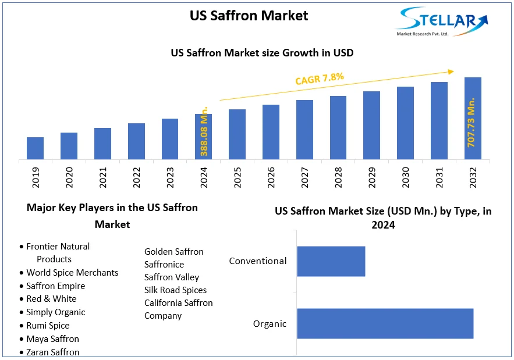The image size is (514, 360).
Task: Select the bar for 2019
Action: [35, 148]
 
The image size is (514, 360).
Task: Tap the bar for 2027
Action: [304, 130]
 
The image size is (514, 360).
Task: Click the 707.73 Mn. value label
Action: [472, 122]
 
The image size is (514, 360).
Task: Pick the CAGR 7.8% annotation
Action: [320, 79]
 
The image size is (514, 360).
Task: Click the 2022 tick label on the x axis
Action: [136, 175]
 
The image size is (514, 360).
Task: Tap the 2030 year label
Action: [406, 175]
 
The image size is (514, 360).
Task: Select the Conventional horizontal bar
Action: [331, 261]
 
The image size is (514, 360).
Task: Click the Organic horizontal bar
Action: [385, 323]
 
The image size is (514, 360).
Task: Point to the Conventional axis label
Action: [258, 261]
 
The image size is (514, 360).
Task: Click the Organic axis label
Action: [270, 324]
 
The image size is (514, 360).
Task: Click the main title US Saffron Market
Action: [249, 15]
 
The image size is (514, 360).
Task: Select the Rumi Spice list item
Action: [48, 326]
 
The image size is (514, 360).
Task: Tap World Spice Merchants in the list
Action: [72, 273]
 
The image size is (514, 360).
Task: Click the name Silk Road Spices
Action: [175, 290]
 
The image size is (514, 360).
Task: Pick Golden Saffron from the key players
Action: [174, 252]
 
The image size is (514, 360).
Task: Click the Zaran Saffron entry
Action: [53, 352]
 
